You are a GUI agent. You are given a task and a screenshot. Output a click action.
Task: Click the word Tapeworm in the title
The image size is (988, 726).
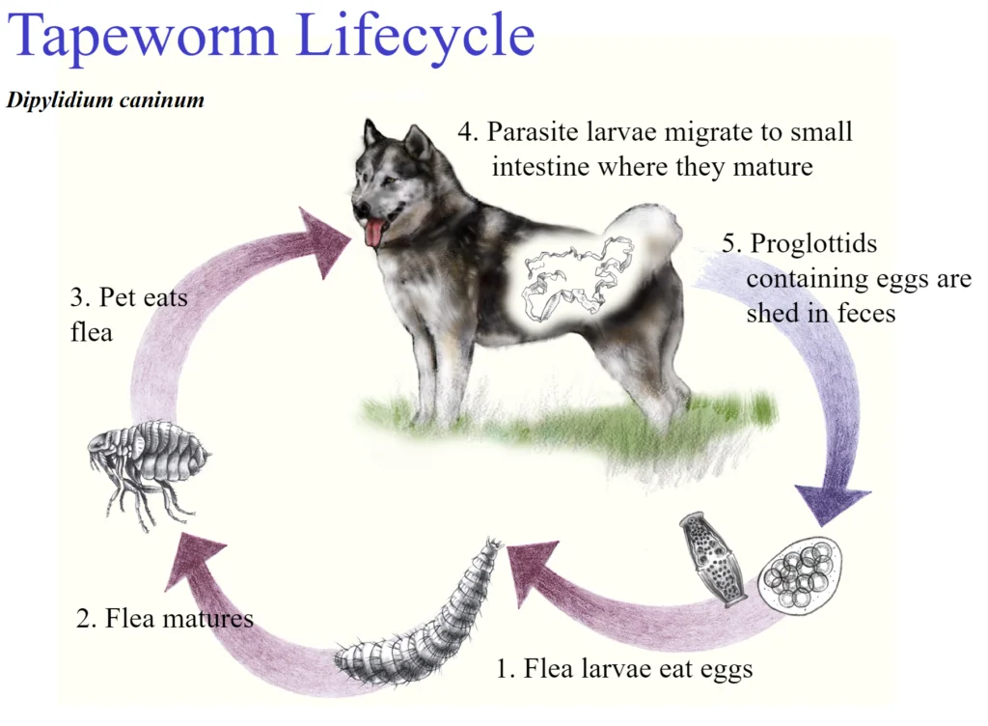143,37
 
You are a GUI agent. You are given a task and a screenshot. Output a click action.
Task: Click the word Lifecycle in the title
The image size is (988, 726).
415,37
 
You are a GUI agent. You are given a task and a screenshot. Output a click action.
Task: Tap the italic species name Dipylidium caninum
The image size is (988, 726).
105,100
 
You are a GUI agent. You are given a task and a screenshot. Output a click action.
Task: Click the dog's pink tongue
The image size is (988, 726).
373,234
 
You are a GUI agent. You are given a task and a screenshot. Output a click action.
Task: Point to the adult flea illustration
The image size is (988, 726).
149,467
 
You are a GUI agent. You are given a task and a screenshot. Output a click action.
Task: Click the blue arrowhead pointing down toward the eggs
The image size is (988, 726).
831,504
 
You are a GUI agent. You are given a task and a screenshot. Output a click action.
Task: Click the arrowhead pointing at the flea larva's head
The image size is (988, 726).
535,571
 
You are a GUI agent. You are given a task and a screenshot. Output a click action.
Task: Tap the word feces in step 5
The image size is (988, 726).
866,313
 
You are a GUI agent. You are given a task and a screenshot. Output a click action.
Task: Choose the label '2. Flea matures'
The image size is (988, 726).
164,618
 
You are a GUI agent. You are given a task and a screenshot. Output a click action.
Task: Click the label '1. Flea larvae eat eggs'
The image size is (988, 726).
624,669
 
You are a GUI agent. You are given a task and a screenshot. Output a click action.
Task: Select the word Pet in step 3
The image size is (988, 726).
121,297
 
